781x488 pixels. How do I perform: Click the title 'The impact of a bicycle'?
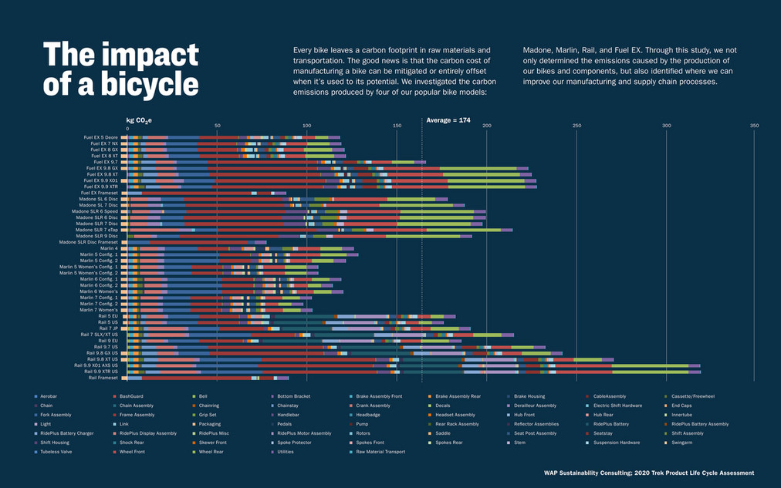tap(120, 69)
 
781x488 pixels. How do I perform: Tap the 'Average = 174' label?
tap(448, 120)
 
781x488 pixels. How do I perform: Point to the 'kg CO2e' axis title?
tap(140, 120)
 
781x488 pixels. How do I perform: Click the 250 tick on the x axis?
tap(576, 126)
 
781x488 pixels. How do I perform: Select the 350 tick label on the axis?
tap(754, 126)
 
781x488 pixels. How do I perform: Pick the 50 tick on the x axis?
tap(217, 126)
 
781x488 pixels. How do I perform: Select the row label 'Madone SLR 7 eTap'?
tap(96, 230)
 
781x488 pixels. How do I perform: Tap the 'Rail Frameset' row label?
tap(103, 378)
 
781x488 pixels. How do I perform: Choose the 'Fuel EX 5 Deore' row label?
tap(100, 137)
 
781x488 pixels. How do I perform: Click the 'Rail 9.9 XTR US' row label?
tap(97, 372)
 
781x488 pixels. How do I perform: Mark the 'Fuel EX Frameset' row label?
tap(100, 193)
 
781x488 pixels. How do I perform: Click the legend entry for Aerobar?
tap(49, 395)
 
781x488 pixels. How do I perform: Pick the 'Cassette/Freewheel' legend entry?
tap(689, 395)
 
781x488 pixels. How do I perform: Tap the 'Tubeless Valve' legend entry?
tap(55, 451)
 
